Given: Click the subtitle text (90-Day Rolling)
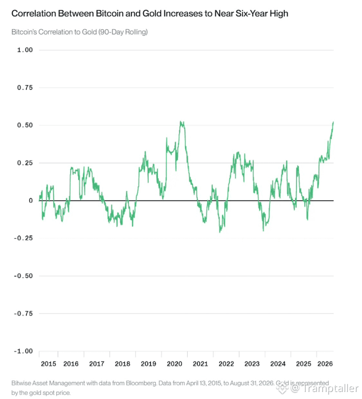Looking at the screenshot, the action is [123, 32].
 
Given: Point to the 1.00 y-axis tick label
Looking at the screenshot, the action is [25, 50].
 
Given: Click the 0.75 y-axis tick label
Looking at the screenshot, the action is [25, 87].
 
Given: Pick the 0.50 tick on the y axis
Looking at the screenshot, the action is [25, 125].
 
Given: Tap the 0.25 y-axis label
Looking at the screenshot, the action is [25, 163].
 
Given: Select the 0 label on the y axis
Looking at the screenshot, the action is [31, 200].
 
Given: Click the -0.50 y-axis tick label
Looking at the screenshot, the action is [23, 276].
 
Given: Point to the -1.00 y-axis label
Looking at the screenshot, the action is [23, 351].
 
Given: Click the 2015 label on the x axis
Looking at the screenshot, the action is [48, 364].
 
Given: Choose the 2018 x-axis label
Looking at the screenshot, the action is [122, 364].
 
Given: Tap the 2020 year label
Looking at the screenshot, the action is [174, 364].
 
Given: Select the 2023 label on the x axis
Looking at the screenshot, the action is [252, 364].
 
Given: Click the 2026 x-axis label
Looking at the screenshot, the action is [325, 364].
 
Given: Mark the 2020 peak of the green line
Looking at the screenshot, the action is [181, 122].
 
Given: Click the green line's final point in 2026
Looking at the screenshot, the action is [333, 122].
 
